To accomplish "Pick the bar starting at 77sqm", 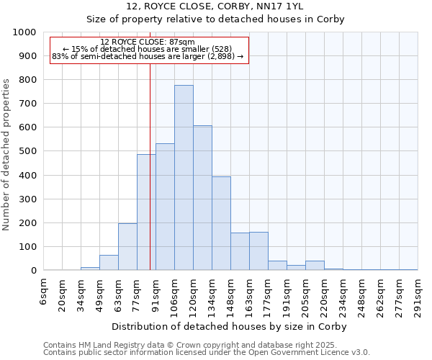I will [x=146, y=212].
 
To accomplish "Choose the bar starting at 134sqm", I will [x=221, y=223].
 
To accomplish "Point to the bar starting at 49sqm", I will [x=109, y=263].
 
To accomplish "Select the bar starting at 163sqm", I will [x=258, y=251].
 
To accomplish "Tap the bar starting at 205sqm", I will [x=315, y=266].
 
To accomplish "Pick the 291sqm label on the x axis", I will [x=418, y=295].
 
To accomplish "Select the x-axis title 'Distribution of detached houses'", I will [x=230, y=326].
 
